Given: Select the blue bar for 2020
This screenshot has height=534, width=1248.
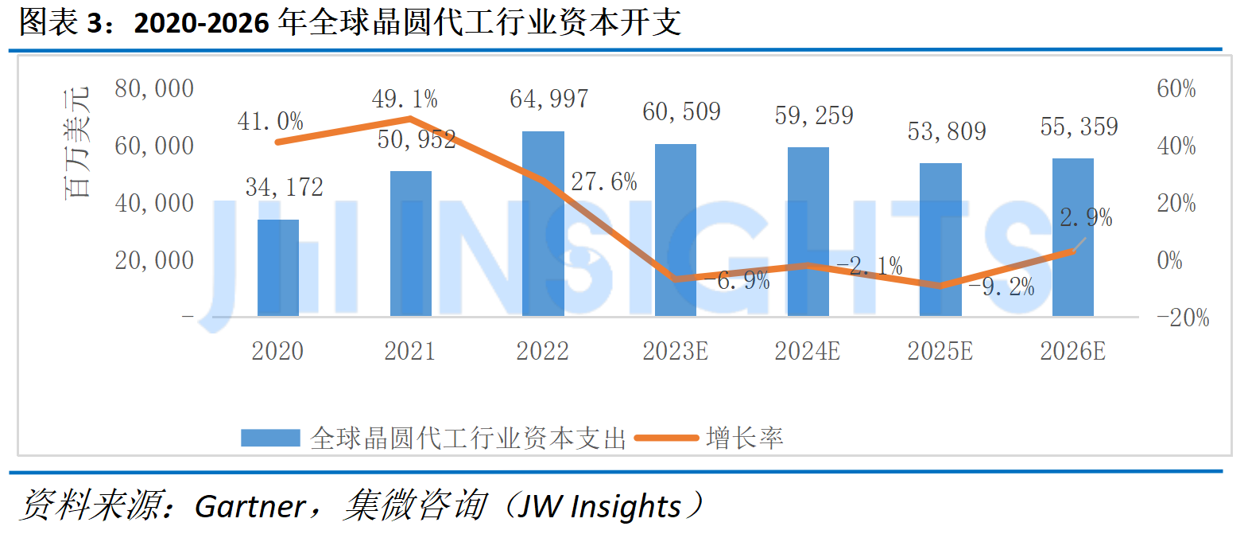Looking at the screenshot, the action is (278, 268).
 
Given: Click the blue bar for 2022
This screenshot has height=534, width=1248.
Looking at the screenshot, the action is (543, 224).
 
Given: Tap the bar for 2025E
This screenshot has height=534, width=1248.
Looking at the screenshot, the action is (940, 240).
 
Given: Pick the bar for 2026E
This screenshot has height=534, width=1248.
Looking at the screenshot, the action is (1073, 238).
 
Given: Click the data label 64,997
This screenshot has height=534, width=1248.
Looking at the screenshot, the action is (548, 99).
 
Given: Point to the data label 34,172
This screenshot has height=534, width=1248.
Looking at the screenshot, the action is (284, 187).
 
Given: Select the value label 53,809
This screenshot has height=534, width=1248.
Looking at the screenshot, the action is (947, 131).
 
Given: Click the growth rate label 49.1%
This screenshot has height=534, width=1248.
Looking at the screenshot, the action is (405, 99).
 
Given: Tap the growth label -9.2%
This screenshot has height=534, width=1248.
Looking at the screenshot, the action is (1002, 286).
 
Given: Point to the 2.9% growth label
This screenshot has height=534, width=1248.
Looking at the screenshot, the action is (1086, 217).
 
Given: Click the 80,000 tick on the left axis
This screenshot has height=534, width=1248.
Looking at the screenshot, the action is (154, 88).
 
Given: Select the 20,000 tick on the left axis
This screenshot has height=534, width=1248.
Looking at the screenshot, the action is (154, 260).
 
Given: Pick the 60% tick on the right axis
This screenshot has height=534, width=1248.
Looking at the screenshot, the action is (1176, 88).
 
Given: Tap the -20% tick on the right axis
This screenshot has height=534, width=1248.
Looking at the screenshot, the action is (1183, 318).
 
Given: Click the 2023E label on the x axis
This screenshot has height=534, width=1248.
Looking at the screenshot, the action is (675, 351).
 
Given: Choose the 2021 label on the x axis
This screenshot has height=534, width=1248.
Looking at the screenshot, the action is (410, 351).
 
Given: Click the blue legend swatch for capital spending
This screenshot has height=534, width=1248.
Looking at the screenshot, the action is (270, 438).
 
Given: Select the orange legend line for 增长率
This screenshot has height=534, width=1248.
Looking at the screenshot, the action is (666, 438).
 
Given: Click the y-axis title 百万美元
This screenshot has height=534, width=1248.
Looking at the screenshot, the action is (76, 142).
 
